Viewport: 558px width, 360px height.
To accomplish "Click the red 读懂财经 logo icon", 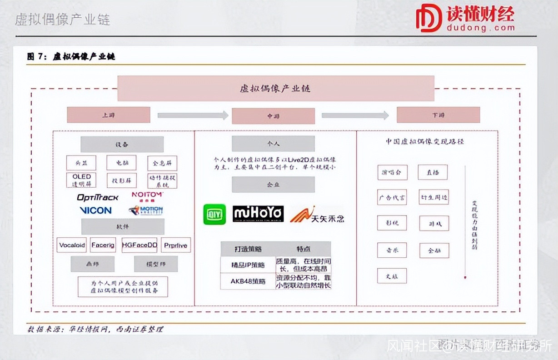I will click(x=429, y=18).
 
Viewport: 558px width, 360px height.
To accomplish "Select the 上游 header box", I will click(x=109, y=115).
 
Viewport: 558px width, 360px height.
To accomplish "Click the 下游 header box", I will click(x=438, y=115).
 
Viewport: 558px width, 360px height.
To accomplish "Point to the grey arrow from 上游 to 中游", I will click(x=193, y=115).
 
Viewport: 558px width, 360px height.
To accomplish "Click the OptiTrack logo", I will click(x=97, y=197).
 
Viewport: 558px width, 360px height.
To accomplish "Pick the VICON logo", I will click(x=95, y=210).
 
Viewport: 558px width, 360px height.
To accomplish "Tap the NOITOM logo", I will click(x=147, y=195).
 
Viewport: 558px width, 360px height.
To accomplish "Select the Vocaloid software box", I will click(x=72, y=245).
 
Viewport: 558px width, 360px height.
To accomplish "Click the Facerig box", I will click(x=103, y=245).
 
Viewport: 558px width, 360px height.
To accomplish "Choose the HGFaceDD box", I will click(x=139, y=245).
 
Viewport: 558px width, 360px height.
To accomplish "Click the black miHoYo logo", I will click(x=258, y=214).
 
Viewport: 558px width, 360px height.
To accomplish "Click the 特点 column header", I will click(x=303, y=249).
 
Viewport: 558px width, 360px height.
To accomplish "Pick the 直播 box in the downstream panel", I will click(x=433, y=172).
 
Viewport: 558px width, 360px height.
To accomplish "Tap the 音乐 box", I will click(x=392, y=250).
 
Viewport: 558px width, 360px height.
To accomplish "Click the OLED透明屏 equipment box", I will click(x=82, y=180).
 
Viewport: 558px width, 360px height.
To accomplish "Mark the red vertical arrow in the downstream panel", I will click(x=465, y=223).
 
